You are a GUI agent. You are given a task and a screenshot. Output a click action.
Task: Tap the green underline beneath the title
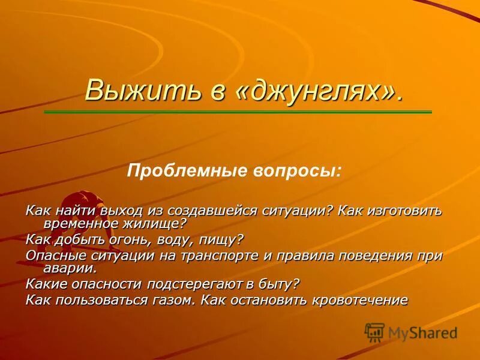click(238, 112)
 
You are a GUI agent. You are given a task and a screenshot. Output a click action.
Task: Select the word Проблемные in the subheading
click(179, 172)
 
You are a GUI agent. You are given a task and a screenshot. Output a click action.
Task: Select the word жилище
click(158, 224)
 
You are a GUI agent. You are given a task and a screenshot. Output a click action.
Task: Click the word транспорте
click(213, 256)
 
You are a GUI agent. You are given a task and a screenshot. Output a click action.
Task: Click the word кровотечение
click(359, 300)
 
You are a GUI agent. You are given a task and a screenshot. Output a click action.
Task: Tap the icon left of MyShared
click(374, 332)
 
